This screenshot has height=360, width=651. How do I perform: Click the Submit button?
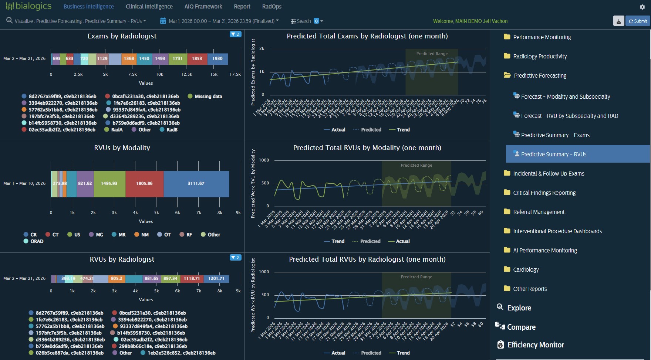click(x=638, y=21)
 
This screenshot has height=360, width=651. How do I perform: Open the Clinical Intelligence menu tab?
click(x=149, y=7)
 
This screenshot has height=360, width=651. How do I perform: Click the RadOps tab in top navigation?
click(x=271, y=7)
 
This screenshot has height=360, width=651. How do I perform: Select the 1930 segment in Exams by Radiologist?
click(x=217, y=59)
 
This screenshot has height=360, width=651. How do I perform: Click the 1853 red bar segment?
click(x=197, y=59)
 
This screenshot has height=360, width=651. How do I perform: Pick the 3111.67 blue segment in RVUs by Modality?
click(x=196, y=184)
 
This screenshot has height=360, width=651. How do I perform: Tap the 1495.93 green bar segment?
click(x=109, y=184)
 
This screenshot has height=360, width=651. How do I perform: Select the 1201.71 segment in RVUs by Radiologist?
click(x=216, y=279)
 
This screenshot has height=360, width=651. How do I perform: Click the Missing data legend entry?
click(x=205, y=96)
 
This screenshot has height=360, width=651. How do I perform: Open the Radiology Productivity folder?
click(x=540, y=57)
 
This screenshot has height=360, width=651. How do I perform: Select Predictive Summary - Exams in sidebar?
click(x=555, y=135)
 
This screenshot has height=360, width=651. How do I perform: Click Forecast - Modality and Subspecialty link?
click(x=565, y=97)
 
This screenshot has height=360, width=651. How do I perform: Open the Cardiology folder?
click(x=526, y=270)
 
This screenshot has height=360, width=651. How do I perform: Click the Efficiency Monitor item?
click(x=535, y=345)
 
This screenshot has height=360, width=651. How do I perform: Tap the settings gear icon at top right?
click(x=642, y=7)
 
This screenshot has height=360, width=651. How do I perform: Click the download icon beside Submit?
click(x=618, y=21)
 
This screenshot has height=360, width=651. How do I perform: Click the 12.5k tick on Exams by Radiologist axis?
click(x=187, y=75)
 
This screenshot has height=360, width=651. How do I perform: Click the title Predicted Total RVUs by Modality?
click(x=367, y=148)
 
